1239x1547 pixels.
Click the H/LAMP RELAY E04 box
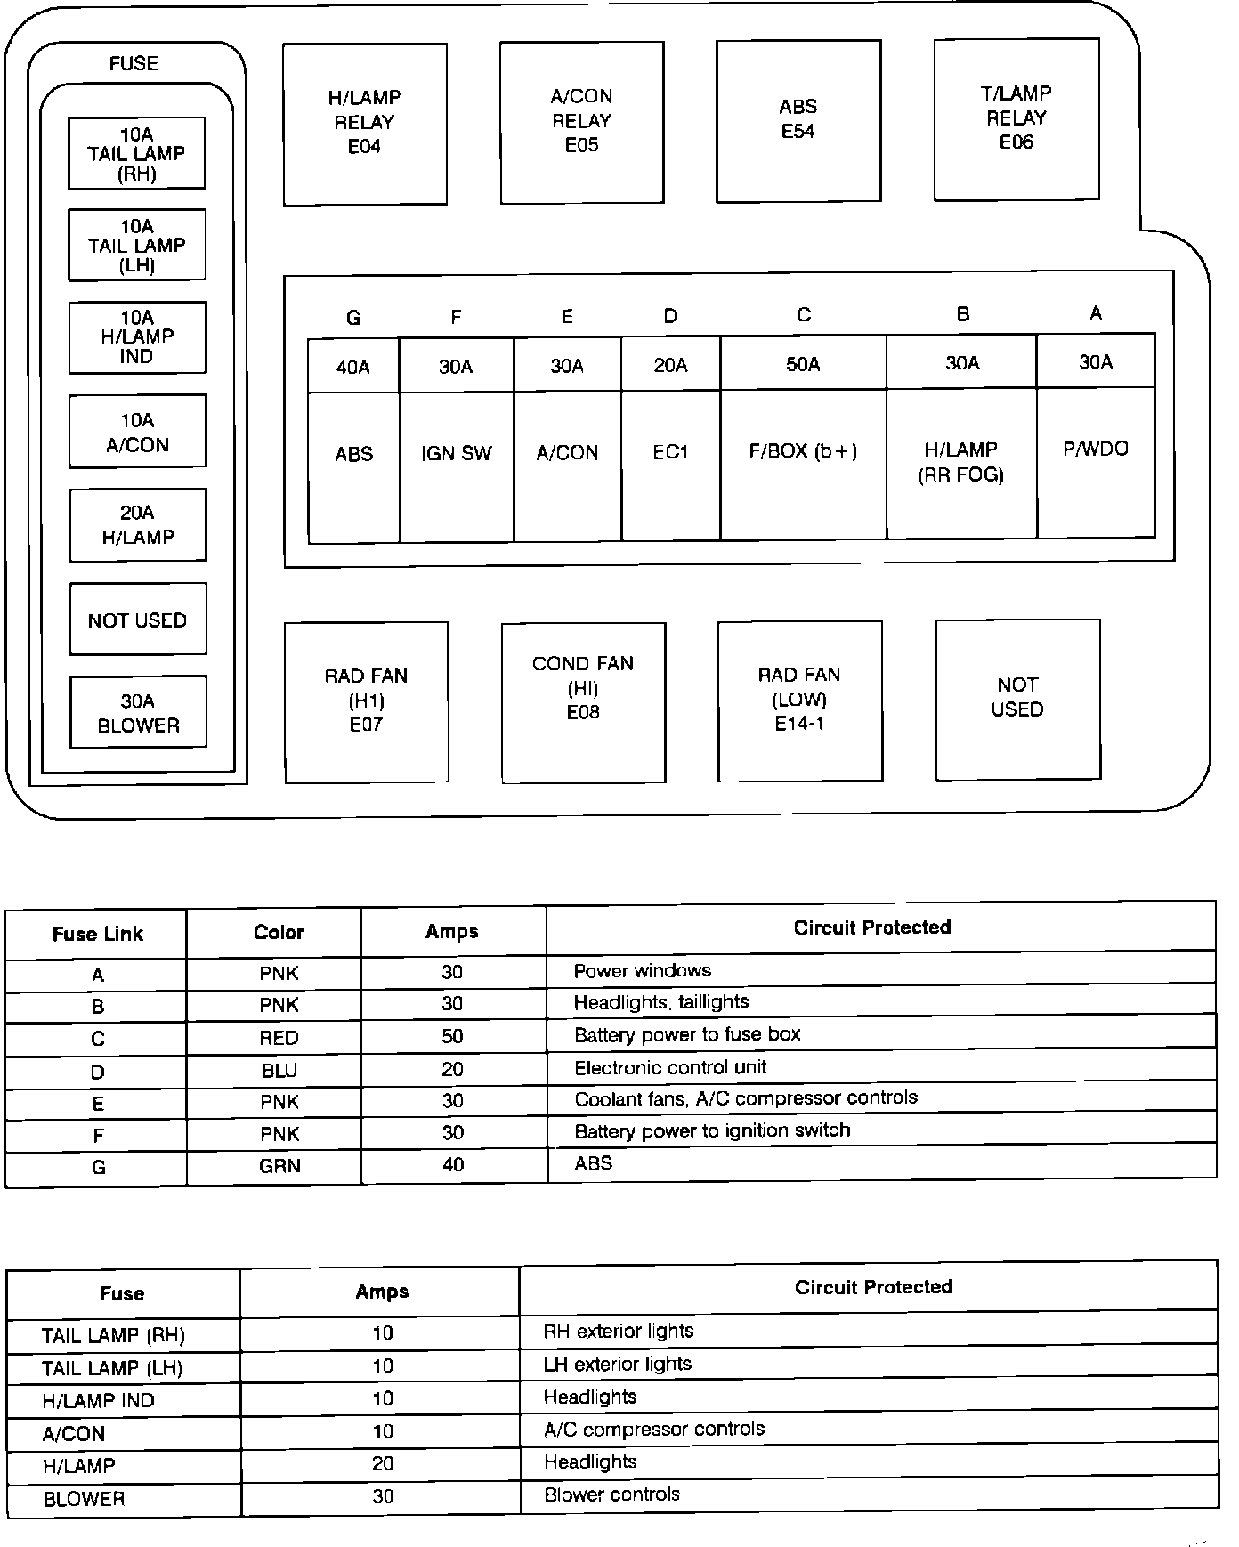pos(365,123)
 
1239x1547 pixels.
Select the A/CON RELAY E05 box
pos(581,121)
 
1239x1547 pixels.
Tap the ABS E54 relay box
pos(798,119)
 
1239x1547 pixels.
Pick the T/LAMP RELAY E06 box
pos(1016,118)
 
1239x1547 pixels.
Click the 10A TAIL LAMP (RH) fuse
pos(137,154)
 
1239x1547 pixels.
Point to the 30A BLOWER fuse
pos(138,712)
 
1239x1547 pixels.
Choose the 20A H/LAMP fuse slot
pos(138,524)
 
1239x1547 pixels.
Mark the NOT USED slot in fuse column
pos(138,620)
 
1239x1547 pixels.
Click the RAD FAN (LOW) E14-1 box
pos(799,700)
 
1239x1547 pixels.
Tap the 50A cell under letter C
pos(803,364)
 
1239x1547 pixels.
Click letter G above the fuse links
pos(353,318)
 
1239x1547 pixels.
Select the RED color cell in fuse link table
pos(279,1038)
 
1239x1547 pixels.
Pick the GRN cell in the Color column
pos(279,1166)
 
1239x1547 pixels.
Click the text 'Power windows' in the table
pos(642,970)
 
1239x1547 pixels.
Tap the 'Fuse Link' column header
pos(97,934)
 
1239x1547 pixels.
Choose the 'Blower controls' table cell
pos(611,1494)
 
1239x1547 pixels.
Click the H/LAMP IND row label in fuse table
pos(98,1401)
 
